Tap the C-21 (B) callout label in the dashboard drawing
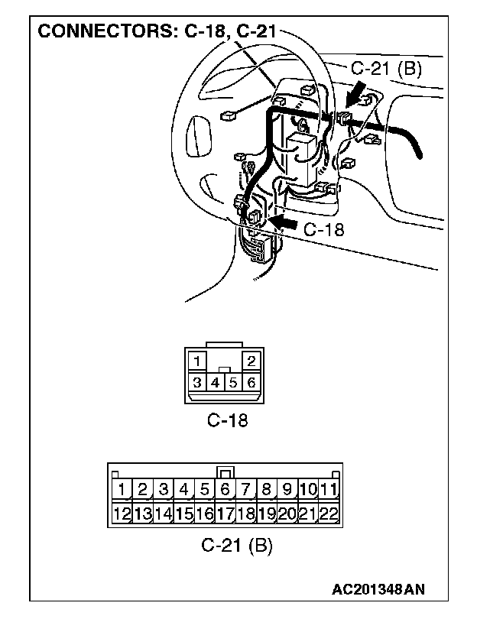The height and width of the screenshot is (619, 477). pyautogui.click(x=386, y=68)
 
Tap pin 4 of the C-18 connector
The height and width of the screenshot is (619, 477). pyautogui.click(x=216, y=381)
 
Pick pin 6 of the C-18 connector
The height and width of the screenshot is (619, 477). pyautogui.click(x=251, y=381)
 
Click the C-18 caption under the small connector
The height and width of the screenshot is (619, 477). pyautogui.click(x=227, y=420)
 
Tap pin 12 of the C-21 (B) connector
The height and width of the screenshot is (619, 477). pyautogui.click(x=122, y=514)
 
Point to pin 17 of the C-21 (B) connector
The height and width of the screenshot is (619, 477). pyautogui.click(x=226, y=514)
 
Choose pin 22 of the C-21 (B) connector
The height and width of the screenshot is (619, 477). pyautogui.click(x=329, y=514)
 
